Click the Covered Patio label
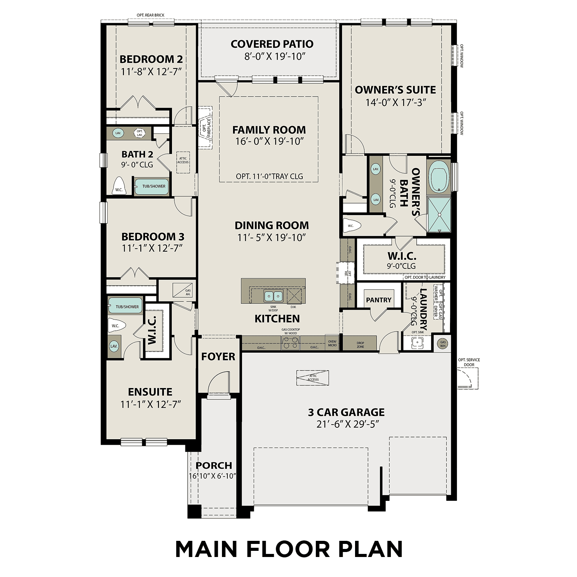[272, 44]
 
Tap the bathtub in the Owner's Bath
[439, 176]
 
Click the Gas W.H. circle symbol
[443, 343]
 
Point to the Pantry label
[379, 300]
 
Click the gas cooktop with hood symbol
[290, 342]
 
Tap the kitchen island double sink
[273, 296]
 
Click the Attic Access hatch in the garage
[313, 378]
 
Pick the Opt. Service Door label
[469, 362]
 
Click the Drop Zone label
[360, 345]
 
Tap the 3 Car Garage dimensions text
[346, 424]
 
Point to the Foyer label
[218, 357]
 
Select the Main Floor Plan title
[289, 549]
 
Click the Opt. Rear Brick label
[150, 15]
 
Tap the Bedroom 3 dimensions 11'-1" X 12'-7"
[152, 248]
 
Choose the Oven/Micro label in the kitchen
[332, 343]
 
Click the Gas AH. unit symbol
[179, 289]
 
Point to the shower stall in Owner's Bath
[439, 214]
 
